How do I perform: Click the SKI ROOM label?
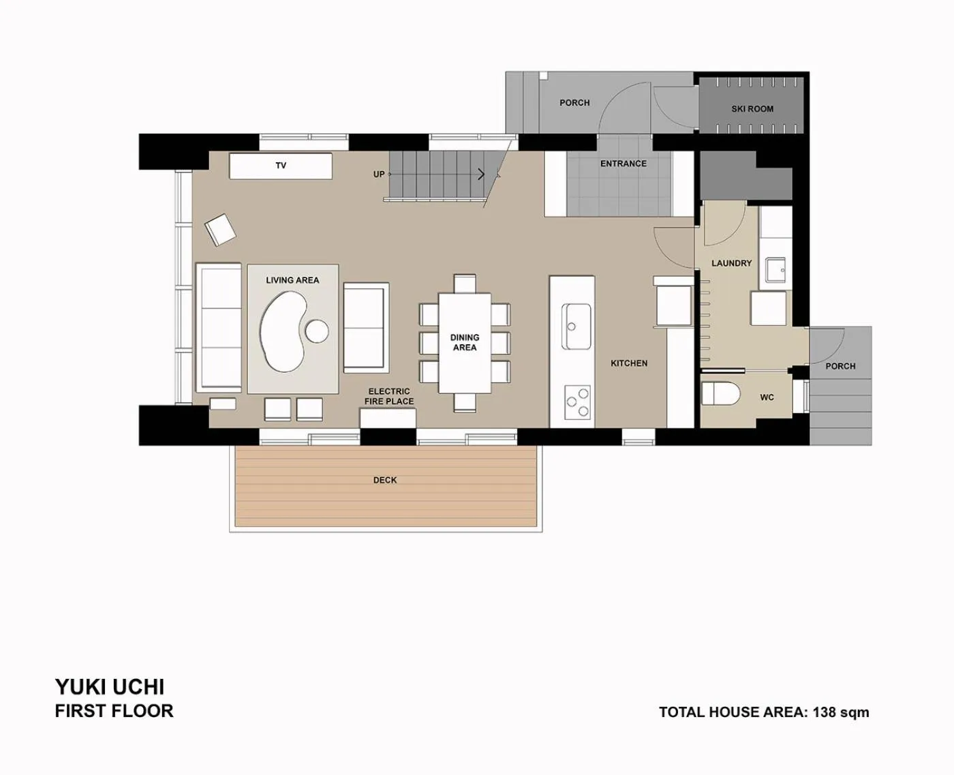pos(752,109)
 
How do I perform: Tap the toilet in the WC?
pos(718,394)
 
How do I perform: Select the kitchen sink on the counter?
pos(576,325)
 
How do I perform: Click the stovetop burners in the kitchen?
pos(577,401)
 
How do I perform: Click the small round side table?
pos(317,331)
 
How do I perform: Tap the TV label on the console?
pos(281,166)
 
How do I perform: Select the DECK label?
pos(385,481)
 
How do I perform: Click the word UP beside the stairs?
pos(379,174)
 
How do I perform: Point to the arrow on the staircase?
pos(482,174)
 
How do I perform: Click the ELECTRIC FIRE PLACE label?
pos(389,396)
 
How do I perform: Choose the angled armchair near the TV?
pos(220,229)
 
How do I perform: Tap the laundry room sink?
pos(775,269)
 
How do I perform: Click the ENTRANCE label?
pos(624,164)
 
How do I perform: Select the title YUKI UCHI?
pos(110,686)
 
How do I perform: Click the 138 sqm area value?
pos(841,712)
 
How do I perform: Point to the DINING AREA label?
pos(465,342)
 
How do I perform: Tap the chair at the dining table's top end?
pos(465,282)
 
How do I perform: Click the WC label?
pos(767,397)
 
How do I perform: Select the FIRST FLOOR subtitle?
pos(114,711)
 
